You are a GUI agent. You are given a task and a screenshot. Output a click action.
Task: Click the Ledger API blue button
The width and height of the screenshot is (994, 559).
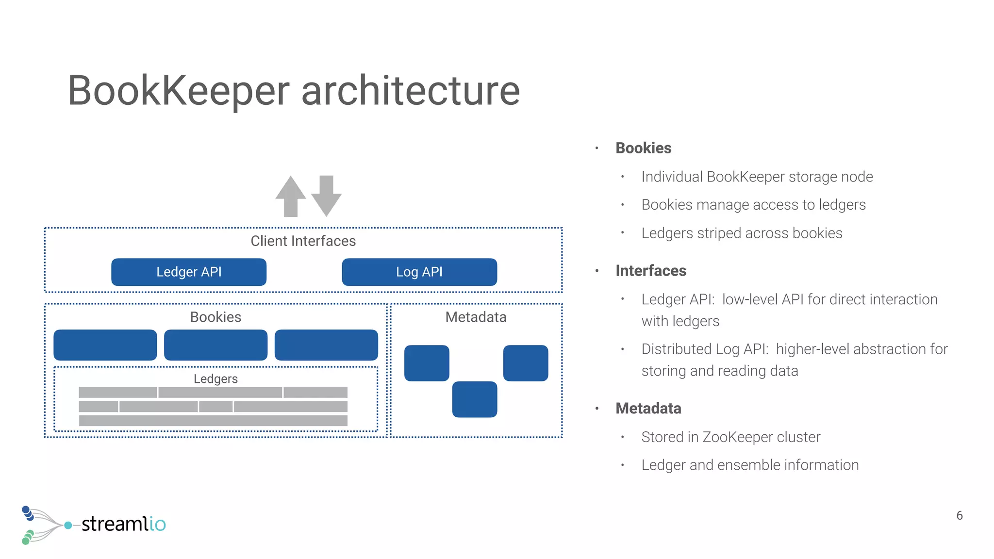tap(188, 272)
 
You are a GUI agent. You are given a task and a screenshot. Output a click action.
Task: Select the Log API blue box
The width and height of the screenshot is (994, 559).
tap(419, 272)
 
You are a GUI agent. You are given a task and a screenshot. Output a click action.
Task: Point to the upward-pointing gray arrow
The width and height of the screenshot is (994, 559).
tap(290, 196)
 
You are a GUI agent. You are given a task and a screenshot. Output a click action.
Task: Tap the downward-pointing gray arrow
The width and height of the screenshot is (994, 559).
tap(326, 196)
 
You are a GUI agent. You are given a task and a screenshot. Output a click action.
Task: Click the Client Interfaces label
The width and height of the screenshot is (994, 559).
tap(303, 241)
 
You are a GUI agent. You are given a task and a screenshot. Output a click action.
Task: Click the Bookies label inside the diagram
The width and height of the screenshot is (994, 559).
tap(215, 317)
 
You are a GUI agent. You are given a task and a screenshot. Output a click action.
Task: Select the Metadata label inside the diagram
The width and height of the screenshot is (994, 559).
tap(476, 317)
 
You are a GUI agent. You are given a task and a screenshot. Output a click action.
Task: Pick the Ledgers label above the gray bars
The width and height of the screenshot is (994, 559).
tap(215, 378)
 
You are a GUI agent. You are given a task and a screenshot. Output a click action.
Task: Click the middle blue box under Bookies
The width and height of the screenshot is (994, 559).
tap(215, 345)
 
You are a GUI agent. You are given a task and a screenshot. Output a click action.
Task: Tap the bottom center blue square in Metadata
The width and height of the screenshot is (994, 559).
tap(474, 399)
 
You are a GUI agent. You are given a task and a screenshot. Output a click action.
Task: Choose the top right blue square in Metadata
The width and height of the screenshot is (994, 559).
tap(525, 363)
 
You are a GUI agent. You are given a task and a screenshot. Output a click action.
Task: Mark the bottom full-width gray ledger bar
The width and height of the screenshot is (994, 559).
tap(213, 420)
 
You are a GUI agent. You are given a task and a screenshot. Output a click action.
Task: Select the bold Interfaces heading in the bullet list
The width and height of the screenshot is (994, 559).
tap(650, 270)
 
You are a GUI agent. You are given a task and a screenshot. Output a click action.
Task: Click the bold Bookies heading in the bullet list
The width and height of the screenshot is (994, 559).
tap(643, 148)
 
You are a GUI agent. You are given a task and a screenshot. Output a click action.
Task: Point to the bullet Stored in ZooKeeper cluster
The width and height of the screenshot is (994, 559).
tap(730, 437)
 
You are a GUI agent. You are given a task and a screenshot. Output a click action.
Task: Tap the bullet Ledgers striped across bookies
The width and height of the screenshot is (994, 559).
tap(742, 233)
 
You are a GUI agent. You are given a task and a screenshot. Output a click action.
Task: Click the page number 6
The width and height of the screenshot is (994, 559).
tap(959, 515)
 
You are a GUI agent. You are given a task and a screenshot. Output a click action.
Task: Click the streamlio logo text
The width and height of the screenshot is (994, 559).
tap(123, 524)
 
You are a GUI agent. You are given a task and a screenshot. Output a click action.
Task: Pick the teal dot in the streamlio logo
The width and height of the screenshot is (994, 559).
tap(68, 525)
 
